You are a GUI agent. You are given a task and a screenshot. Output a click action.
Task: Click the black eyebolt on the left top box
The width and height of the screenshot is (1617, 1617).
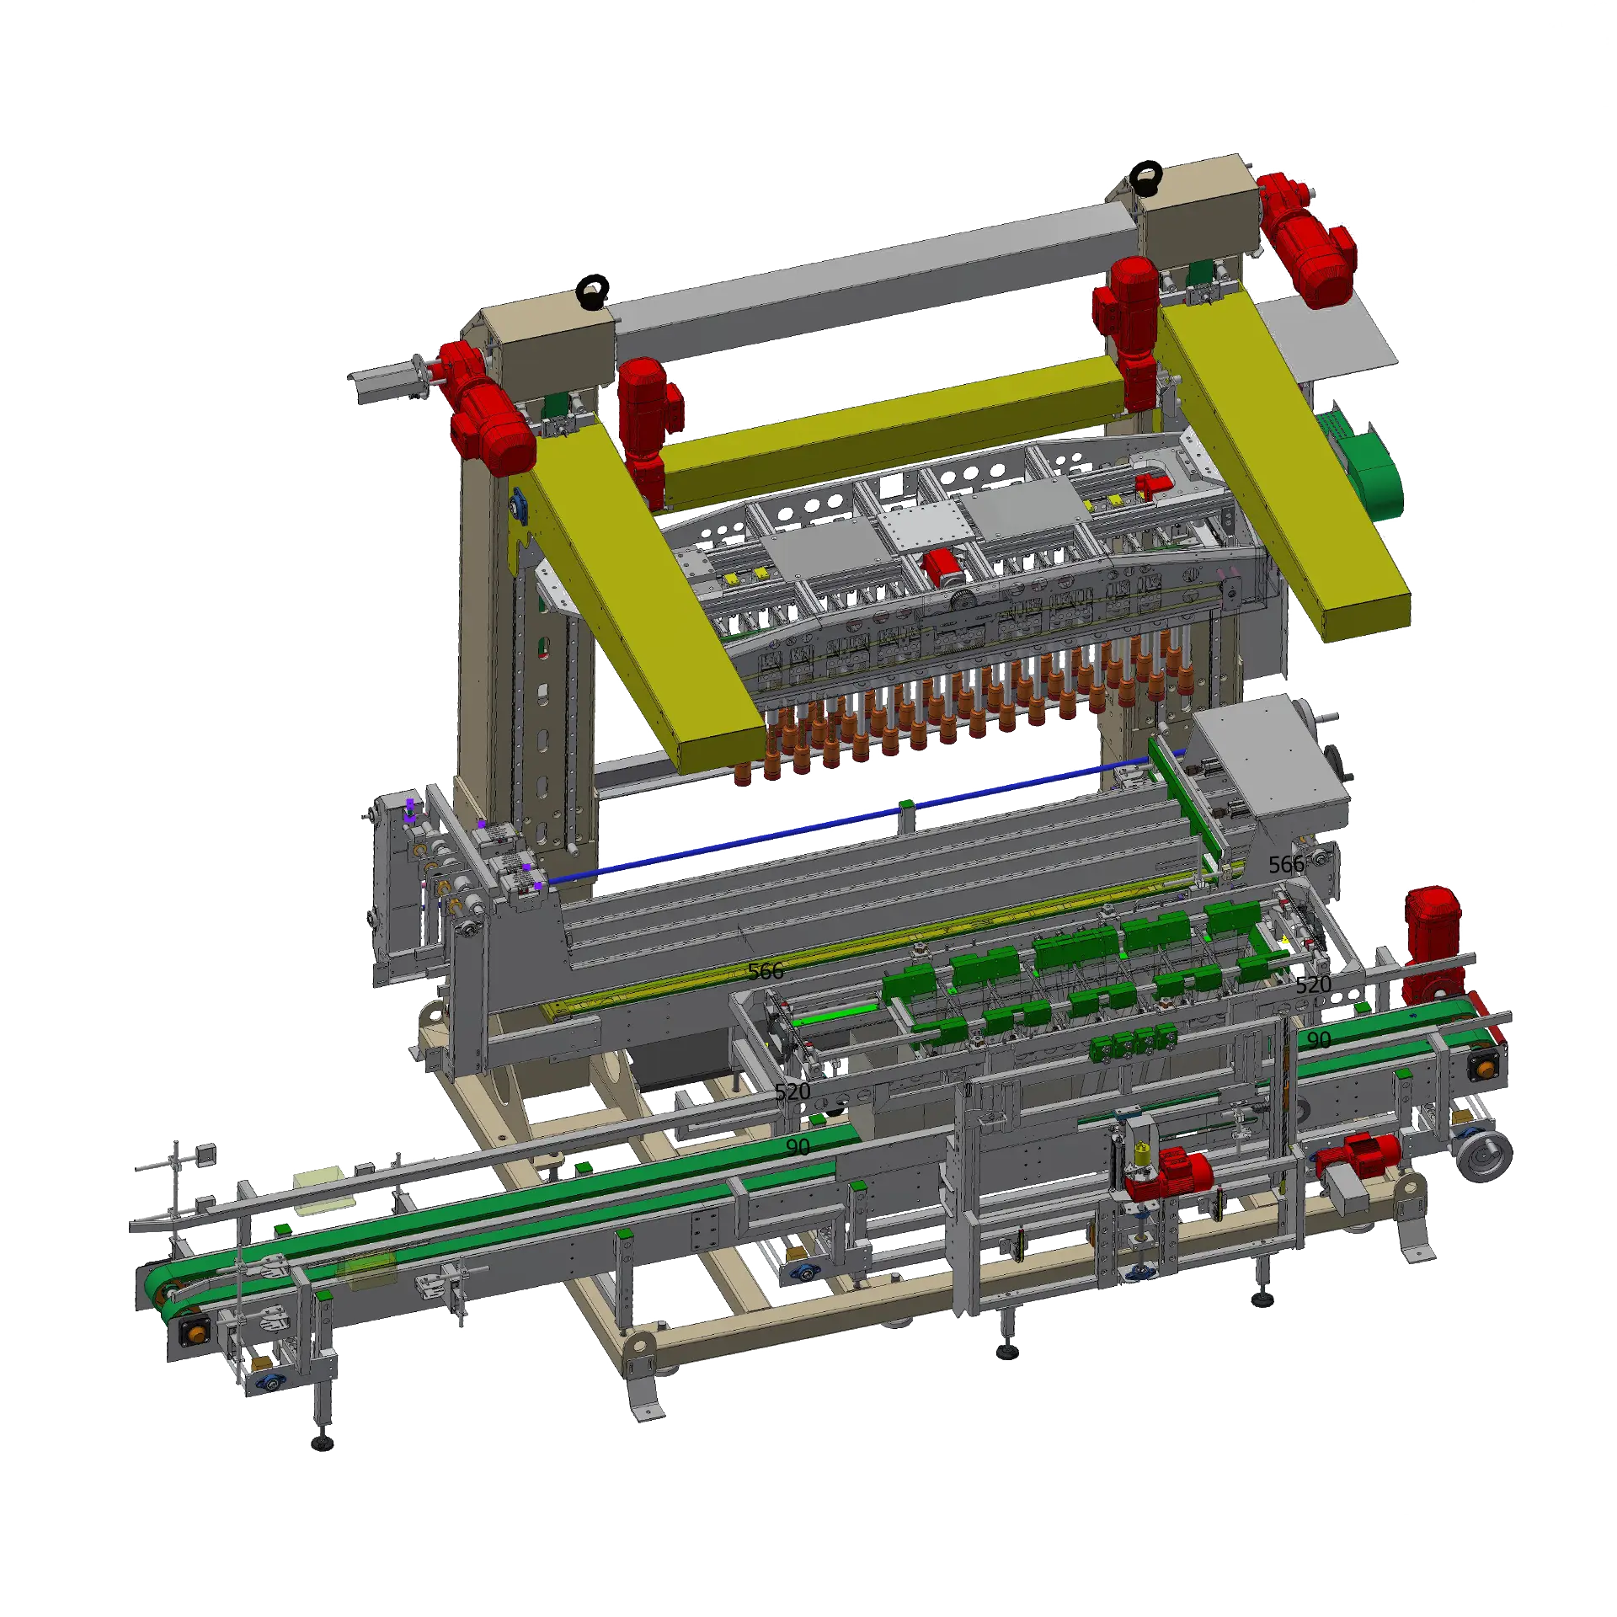[x=593, y=291]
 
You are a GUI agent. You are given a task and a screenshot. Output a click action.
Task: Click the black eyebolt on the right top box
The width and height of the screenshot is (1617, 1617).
[x=1146, y=177]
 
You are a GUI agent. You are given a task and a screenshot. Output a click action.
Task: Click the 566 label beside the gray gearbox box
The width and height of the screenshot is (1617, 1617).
[x=1286, y=865]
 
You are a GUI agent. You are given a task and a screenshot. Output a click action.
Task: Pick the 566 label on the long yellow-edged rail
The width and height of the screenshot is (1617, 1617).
[x=766, y=971]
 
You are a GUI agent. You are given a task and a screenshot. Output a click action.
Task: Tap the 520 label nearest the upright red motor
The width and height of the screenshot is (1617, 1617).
[x=1313, y=985]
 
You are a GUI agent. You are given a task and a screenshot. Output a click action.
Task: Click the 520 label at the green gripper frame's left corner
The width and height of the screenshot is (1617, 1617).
[x=792, y=1092]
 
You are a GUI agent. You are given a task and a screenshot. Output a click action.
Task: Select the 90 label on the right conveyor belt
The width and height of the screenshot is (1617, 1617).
[x=1319, y=1040]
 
